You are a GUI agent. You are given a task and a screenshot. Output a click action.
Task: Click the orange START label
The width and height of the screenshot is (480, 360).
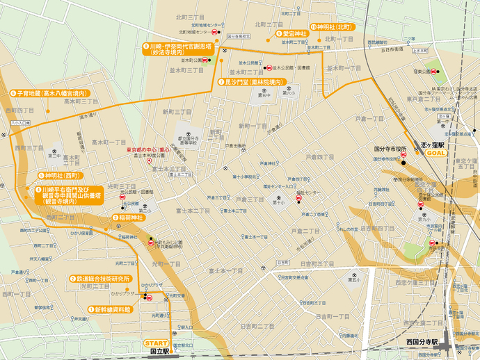tap(155, 343)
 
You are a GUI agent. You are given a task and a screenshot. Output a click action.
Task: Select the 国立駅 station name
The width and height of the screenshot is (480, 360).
tap(161, 352)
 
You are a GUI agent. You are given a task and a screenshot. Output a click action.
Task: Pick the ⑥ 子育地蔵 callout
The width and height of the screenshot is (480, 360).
tap(48, 92)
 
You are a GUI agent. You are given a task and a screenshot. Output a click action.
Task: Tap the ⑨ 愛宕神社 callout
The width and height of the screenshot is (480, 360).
tap(293, 33)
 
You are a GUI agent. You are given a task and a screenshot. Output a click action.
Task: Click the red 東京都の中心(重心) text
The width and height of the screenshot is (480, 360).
tap(148, 149)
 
